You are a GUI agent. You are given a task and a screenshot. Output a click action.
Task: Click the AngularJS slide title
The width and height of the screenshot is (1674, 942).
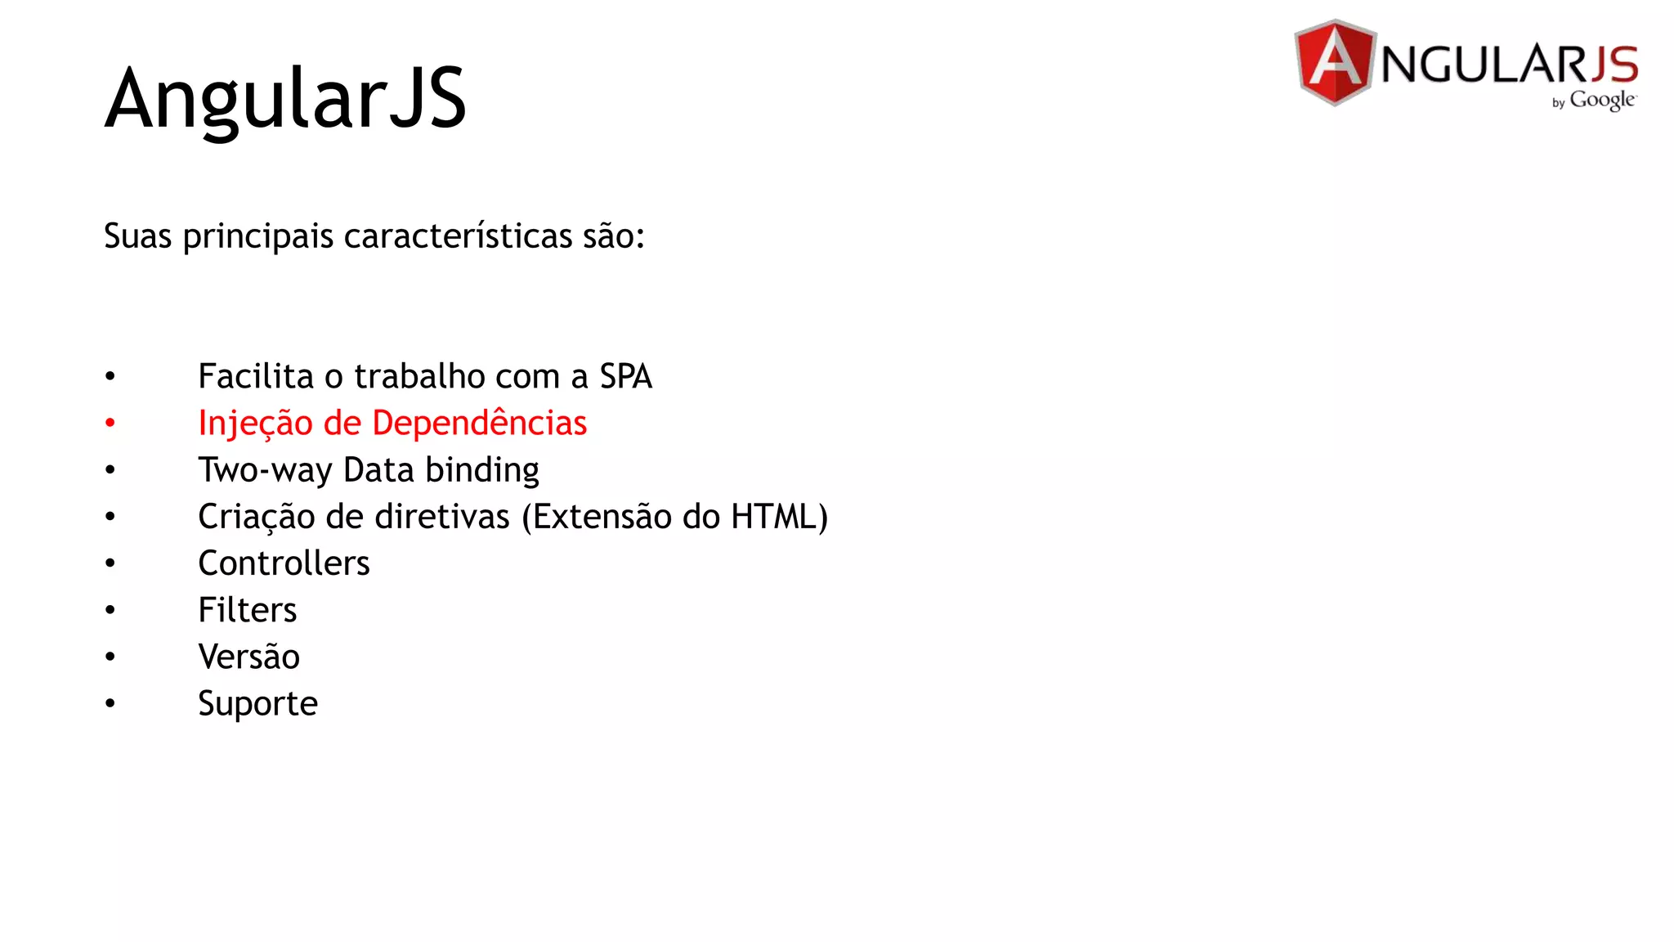point(285,98)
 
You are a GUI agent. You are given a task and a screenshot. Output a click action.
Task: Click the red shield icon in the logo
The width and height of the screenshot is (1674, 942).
point(1335,63)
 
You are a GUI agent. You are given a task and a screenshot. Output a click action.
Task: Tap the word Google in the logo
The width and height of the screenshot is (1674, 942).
point(1602,100)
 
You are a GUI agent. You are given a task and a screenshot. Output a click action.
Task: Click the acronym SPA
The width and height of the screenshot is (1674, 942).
point(625,377)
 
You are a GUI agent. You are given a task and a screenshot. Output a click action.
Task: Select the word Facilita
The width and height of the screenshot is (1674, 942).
point(256,377)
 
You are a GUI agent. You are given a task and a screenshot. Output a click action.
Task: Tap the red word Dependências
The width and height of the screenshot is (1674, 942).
point(479,424)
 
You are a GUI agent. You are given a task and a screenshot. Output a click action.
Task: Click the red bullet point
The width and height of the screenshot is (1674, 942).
point(110,424)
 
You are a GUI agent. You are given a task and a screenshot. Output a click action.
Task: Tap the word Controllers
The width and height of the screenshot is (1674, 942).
point(284,563)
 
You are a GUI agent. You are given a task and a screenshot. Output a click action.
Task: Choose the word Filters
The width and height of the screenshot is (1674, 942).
point(247,610)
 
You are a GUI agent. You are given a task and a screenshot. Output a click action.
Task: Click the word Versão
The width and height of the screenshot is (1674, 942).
point(248,657)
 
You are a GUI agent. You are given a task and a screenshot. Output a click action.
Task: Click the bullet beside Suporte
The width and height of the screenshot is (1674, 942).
point(110,703)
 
